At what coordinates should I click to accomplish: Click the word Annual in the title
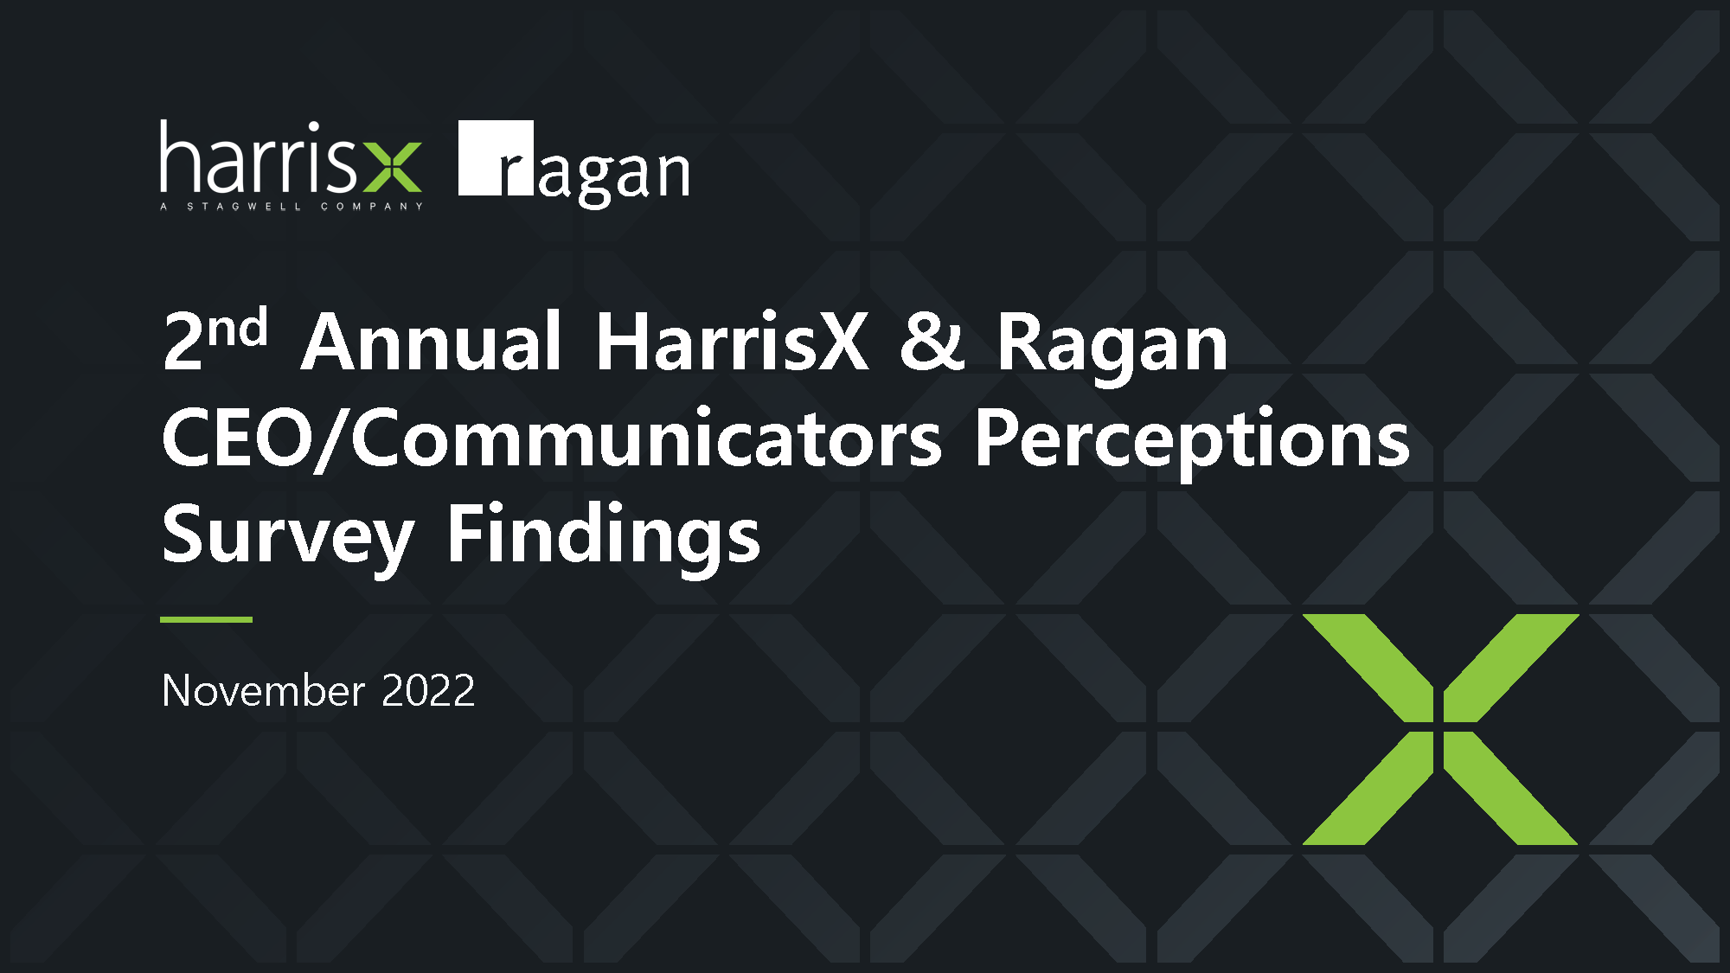432,342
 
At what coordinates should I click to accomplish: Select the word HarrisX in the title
732,342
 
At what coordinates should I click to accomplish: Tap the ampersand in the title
932,342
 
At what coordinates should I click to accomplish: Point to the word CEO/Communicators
552,438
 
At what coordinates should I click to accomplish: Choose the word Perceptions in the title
1193,442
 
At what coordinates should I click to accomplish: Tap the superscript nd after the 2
237,327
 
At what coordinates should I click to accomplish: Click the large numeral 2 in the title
183,342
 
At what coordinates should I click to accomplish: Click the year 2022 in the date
428,691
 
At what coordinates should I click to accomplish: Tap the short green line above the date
206,619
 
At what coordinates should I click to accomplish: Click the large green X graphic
1440,729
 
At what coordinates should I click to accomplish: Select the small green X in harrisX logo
392,167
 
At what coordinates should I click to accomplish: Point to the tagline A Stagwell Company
292,207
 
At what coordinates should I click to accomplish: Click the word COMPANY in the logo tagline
372,207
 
